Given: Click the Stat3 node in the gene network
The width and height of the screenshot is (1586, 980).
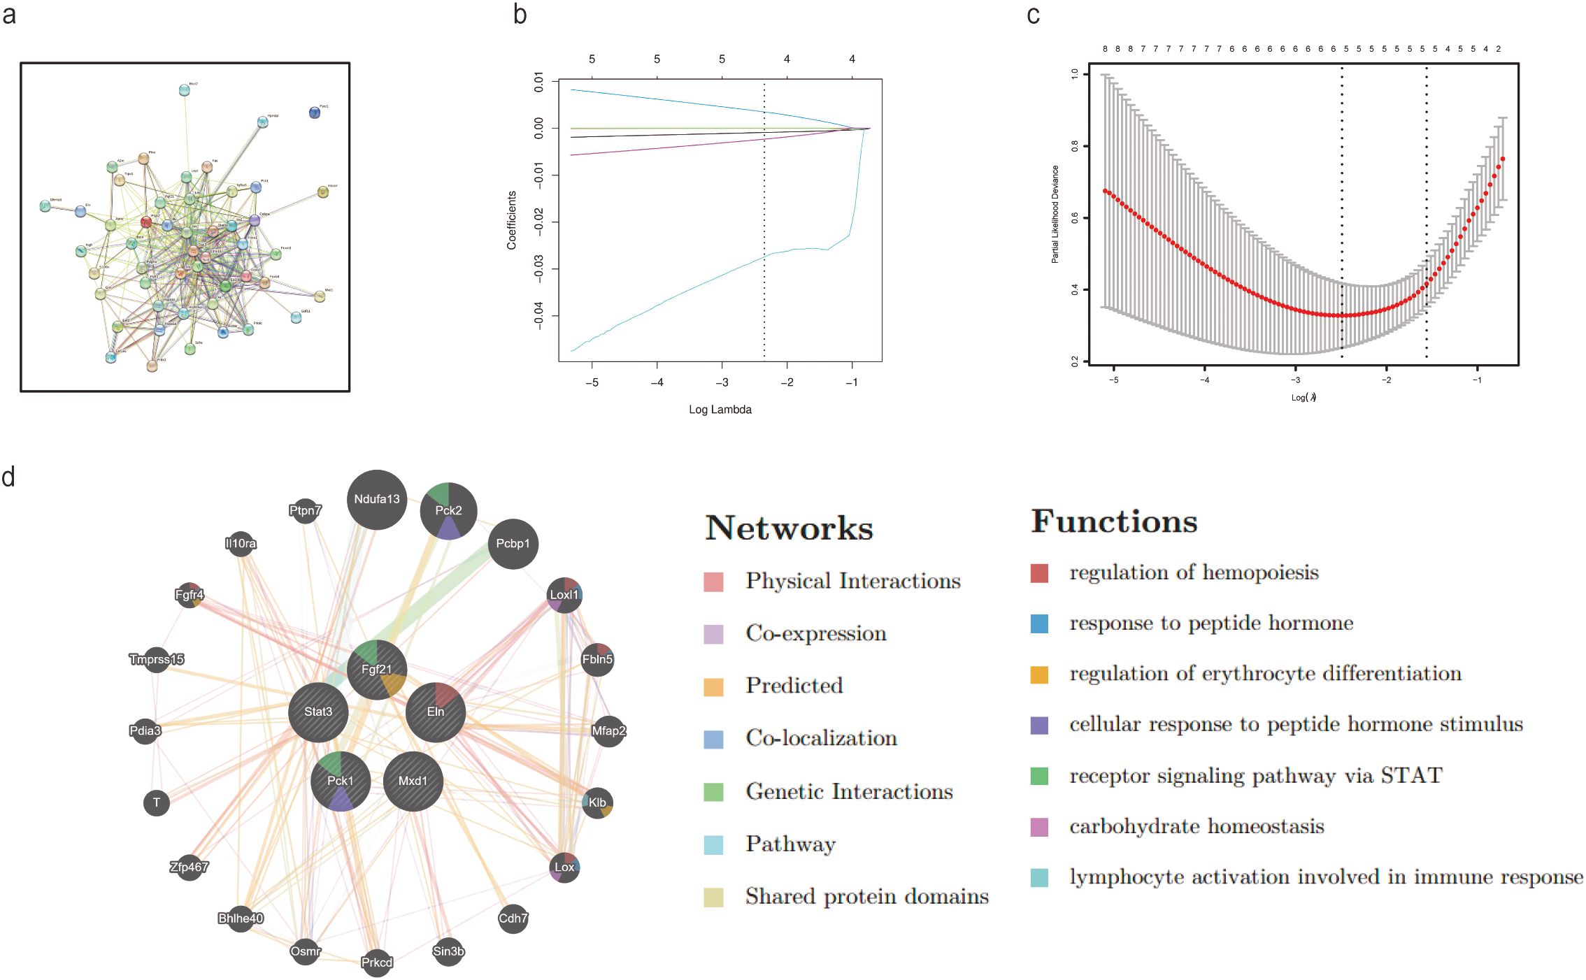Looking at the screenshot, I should (x=318, y=712).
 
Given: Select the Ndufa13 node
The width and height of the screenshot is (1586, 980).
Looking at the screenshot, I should (x=377, y=499).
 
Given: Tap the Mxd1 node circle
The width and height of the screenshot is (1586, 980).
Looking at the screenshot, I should (x=413, y=781).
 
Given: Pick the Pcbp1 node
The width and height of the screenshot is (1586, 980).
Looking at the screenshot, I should (x=513, y=544).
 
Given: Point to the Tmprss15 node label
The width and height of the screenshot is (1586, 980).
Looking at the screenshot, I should (x=157, y=659).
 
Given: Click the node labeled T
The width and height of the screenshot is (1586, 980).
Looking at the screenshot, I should (x=157, y=802).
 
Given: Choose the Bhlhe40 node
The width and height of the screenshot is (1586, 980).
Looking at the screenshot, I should (x=241, y=918).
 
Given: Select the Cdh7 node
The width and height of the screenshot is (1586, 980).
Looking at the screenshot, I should (x=513, y=918).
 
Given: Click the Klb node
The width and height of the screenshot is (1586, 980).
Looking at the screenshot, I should (x=597, y=802).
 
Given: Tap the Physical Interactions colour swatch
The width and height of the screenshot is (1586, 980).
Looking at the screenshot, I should (x=713, y=582).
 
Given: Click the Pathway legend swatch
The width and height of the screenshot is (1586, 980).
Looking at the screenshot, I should (x=713, y=844).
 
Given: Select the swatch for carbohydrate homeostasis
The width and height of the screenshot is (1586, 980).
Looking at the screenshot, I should (x=1039, y=827).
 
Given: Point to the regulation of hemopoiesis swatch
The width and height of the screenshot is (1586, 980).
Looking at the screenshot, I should (x=1039, y=573).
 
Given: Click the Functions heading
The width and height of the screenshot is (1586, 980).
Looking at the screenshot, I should (x=1114, y=521).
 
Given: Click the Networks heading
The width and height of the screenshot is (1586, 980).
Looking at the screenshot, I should (x=789, y=528).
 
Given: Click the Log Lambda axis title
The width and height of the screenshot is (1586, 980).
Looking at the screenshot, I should (x=720, y=410).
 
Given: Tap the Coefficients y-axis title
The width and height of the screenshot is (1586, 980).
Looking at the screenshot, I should (x=512, y=220).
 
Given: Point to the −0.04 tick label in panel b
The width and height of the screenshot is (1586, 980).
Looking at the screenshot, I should (x=538, y=315).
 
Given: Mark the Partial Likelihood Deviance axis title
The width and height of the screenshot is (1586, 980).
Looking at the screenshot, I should (x=1055, y=214).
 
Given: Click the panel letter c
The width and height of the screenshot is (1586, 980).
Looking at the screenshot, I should (x=1033, y=15).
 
